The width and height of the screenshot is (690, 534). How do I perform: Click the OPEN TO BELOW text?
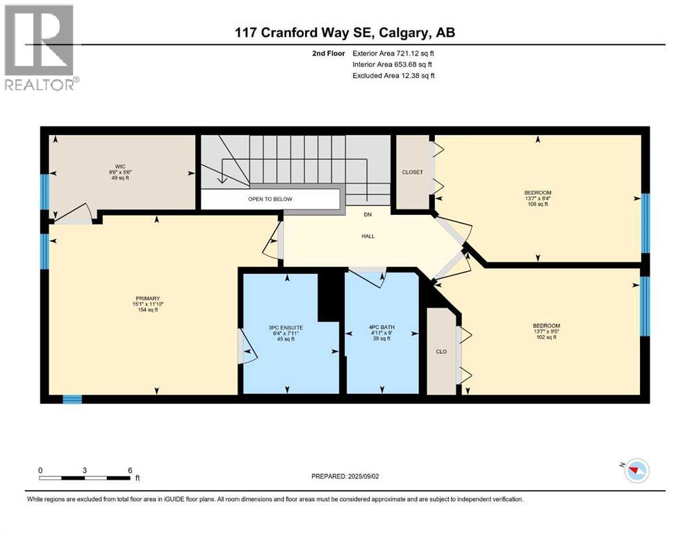270,199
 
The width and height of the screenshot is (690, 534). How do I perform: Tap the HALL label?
368,236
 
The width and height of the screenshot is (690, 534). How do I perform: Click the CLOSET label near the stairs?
412,172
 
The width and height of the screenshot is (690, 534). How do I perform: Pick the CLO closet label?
441,351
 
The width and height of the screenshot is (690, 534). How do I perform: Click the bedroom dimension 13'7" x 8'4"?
538,198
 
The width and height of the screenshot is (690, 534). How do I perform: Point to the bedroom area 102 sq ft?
545,337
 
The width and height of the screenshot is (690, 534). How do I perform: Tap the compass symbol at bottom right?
633,471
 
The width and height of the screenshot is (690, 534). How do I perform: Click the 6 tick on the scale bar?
130,470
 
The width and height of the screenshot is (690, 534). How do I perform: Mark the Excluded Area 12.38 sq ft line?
393,75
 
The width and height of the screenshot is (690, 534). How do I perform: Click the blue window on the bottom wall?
72,399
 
